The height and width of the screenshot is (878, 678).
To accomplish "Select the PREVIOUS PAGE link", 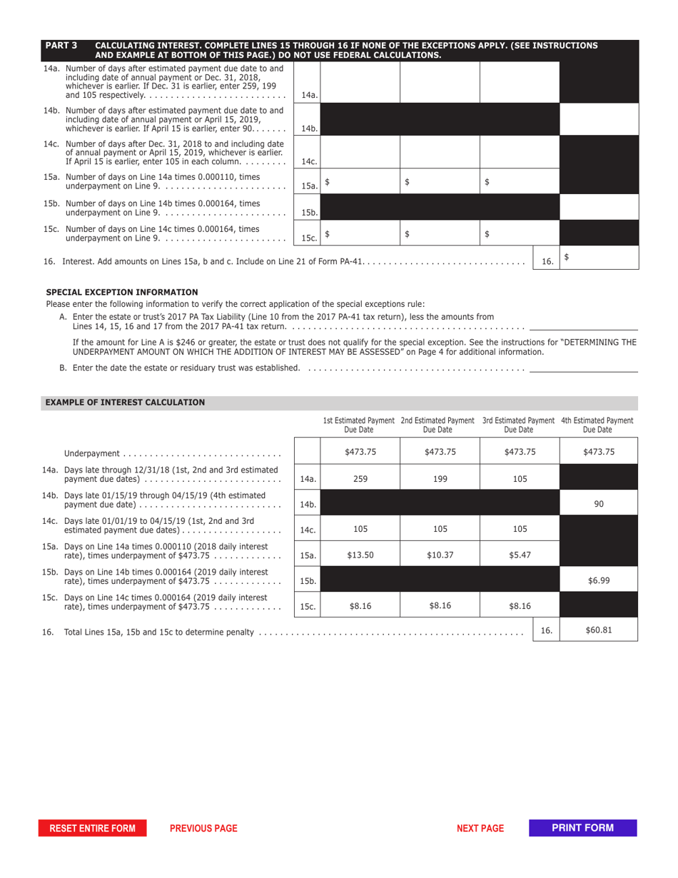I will coord(203,828).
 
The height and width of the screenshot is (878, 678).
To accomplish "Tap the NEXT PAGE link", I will coord(480,828).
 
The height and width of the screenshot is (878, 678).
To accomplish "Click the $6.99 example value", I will coord(599,581).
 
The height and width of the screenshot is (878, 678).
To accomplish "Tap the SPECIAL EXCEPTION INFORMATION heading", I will coord(122,292).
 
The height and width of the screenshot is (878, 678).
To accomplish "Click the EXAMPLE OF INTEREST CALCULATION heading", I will coord(126,403).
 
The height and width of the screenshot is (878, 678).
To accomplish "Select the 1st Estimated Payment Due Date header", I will coord(360,425).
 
